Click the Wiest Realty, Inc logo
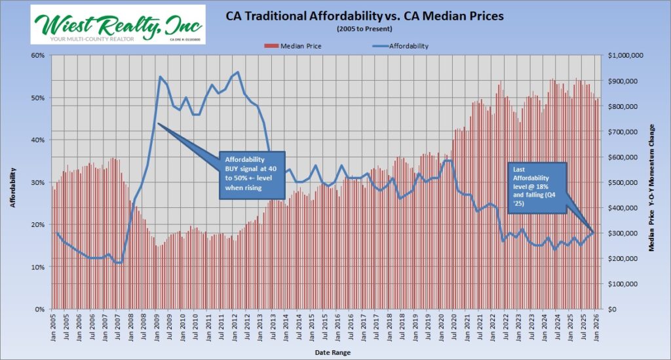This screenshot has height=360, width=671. pyautogui.click(x=118, y=24)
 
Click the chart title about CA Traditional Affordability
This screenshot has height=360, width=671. pyautogui.click(x=365, y=16)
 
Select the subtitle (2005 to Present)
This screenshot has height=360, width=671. pyautogui.click(x=365, y=30)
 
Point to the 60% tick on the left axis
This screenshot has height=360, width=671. pyautogui.click(x=37, y=56)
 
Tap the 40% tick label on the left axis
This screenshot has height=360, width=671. pyautogui.click(x=37, y=140)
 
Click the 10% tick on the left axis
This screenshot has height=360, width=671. pyautogui.click(x=37, y=267)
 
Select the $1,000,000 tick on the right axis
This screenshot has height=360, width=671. pyautogui.click(x=629, y=56)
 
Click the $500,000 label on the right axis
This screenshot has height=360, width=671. pyautogui.click(x=627, y=182)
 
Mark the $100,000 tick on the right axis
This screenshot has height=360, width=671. pyautogui.click(x=627, y=284)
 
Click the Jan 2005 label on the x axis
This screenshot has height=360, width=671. pyautogui.click(x=54, y=328)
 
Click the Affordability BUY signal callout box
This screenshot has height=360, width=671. pyautogui.click(x=252, y=174)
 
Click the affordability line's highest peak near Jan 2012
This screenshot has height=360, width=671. pyautogui.click(x=237, y=72)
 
